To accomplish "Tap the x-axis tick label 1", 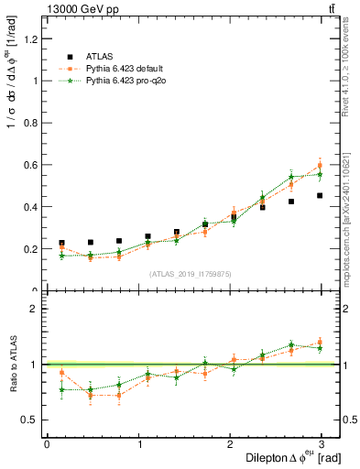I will tap(140, 444).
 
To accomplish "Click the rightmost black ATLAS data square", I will tap(320, 195).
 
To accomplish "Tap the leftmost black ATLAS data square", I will tap(61, 243).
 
